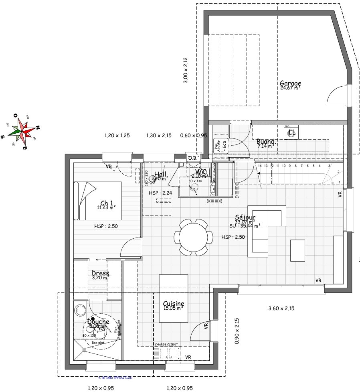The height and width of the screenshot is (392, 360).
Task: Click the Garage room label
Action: (x=290, y=84)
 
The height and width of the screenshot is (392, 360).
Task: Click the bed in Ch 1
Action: (x=97, y=201)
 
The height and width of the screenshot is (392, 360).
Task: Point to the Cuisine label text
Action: (x=174, y=304)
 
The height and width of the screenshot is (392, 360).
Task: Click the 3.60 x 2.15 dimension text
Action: (x=281, y=309)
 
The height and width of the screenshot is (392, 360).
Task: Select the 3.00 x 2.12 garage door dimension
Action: (x=185, y=70)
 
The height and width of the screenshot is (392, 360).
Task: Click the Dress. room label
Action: (x=101, y=273)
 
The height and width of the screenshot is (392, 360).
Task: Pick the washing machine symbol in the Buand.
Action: (x=291, y=132)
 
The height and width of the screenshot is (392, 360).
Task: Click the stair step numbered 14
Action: (x=260, y=166)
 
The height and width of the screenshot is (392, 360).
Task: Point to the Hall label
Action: (x=160, y=175)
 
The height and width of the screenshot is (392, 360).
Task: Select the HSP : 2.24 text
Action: (x=160, y=193)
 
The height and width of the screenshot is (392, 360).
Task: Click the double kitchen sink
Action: (x=169, y=353)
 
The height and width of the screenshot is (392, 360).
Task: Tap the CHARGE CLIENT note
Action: (x=166, y=345)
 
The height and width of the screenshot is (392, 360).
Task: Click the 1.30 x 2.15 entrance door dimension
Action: (x=159, y=136)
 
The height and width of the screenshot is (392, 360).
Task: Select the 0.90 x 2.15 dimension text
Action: (x=237, y=331)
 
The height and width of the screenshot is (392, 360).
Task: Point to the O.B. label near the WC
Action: (x=193, y=158)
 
